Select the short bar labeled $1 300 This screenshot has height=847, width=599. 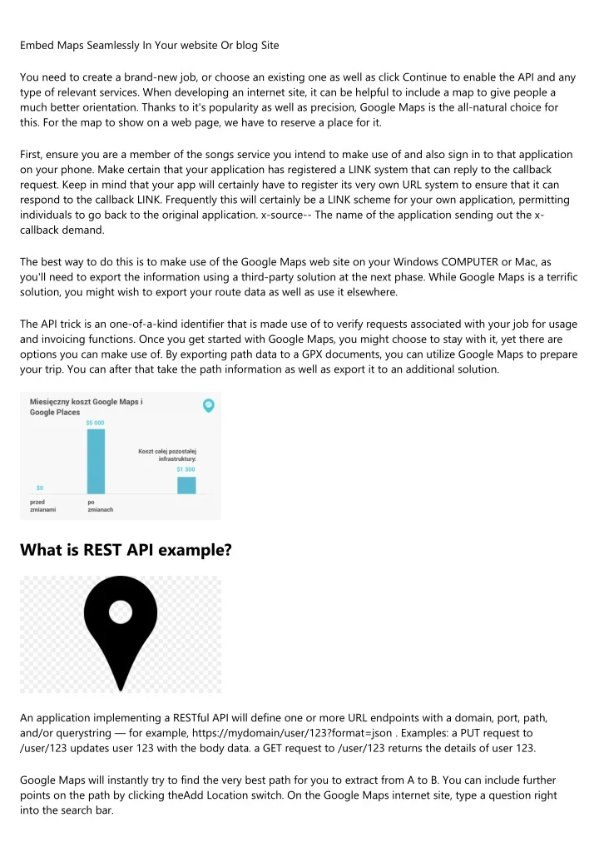(186, 485)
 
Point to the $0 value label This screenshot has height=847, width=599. (39, 488)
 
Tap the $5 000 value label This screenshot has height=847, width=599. (96, 423)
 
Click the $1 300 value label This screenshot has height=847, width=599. (186, 469)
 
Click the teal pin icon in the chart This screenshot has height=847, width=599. (209, 405)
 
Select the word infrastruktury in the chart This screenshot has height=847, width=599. (176, 458)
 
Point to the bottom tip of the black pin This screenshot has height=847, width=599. (121, 689)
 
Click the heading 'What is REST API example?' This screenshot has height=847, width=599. (126, 548)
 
